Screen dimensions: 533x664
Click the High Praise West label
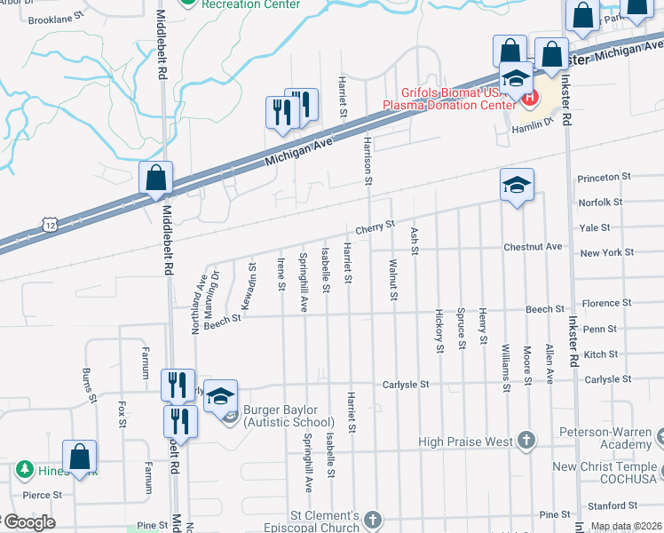click(465, 442)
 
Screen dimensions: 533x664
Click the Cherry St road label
click(375, 228)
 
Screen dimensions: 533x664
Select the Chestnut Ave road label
click(533, 246)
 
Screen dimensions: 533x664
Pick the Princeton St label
click(604, 178)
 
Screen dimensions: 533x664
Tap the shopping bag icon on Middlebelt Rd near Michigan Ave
click(156, 179)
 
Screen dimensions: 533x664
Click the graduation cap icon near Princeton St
click(517, 185)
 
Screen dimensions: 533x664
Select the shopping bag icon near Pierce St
click(80, 457)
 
